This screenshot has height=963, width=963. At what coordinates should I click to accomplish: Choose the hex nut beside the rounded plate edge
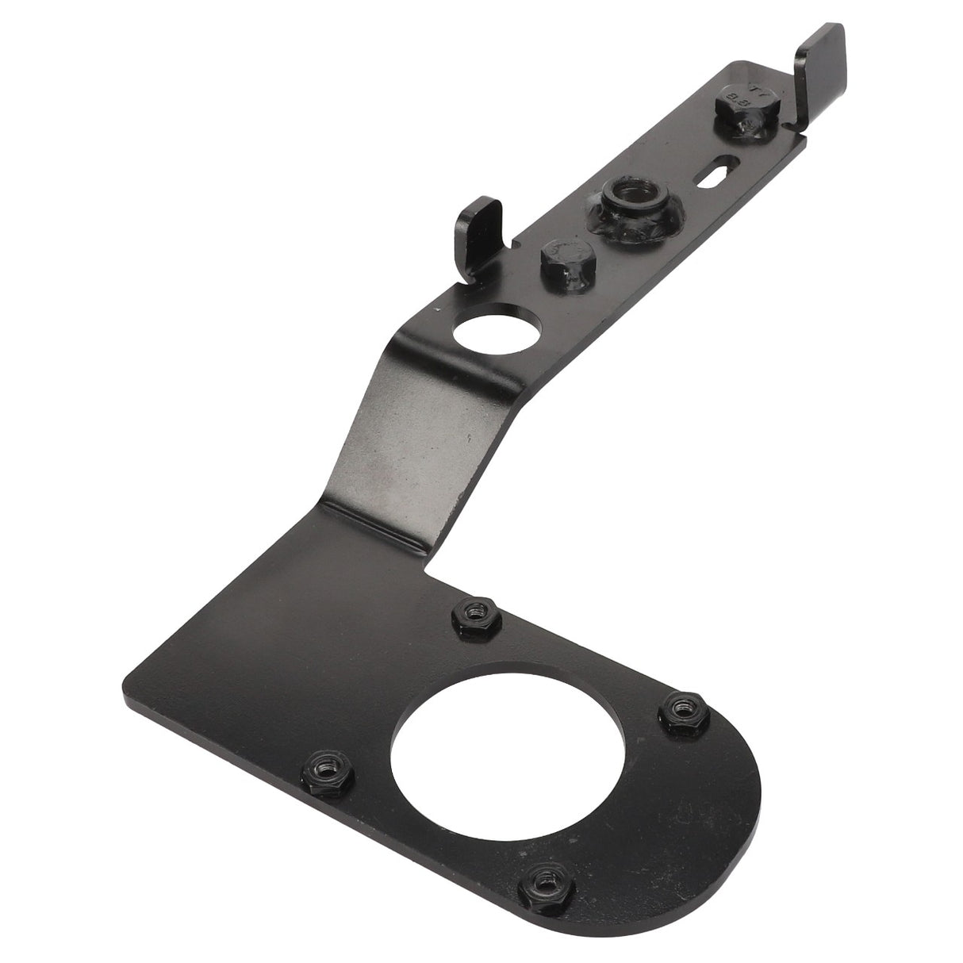679,704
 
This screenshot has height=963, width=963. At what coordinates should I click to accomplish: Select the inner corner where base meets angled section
427,565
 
